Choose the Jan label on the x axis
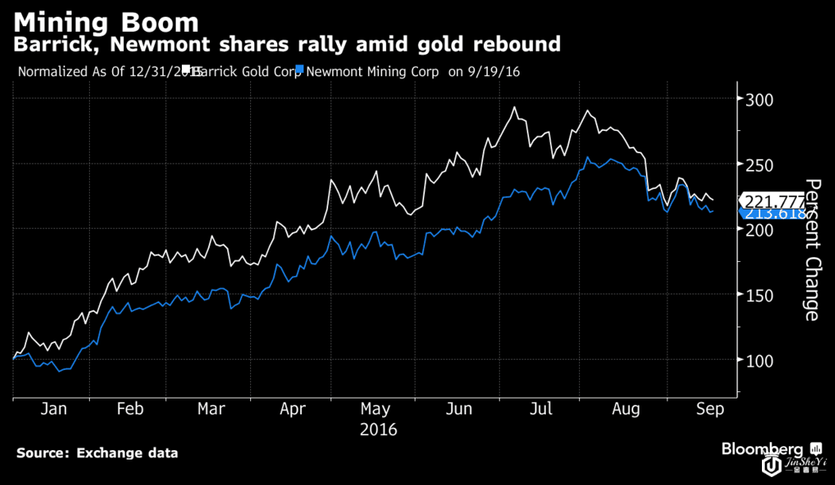(53, 409)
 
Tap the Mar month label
(211, 409)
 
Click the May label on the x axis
(376, 409)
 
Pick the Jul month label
(540, 409)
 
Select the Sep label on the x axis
(710, 409)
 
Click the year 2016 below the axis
(378, 430)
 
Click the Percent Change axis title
(812, 250)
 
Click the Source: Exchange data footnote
(97, 453)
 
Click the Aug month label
(625, 409)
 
